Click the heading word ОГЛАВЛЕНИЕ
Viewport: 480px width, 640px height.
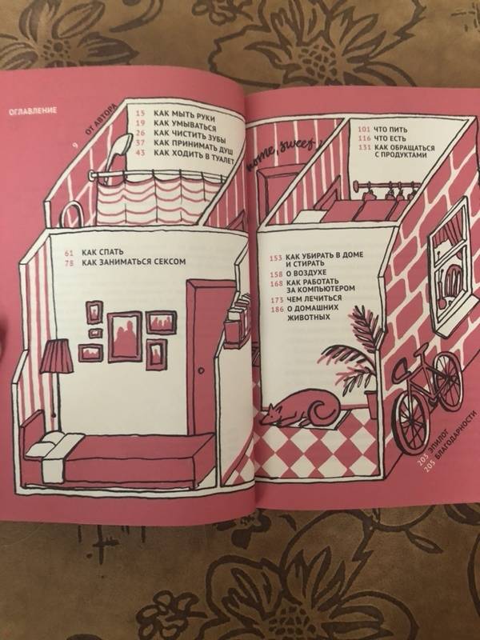pos(33,111)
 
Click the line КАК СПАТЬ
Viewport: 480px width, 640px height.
pos(102,253)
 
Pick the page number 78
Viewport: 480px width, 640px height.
pos(69,263)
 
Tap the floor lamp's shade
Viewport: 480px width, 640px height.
pos(57,357)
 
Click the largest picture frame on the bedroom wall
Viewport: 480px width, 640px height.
pos(125,336)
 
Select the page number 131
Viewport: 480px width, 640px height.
pos(364,148)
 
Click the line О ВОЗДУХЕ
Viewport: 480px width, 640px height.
pos(306,272)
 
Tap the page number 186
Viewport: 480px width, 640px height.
pos(277,309)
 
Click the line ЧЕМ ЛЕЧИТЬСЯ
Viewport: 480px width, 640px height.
pos(314,298)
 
